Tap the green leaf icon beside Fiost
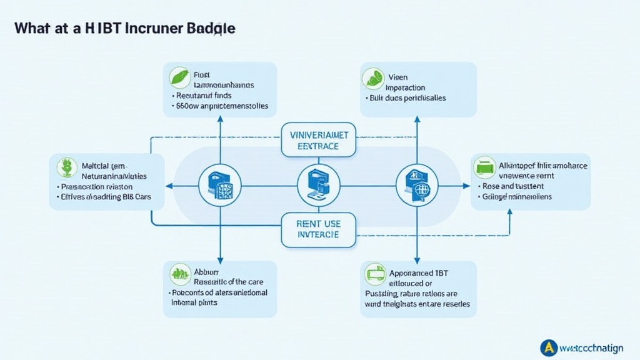pos(179,76)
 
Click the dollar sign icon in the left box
pos(66,167)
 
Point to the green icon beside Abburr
pos(180,272)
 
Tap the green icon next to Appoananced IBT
pos(374,272)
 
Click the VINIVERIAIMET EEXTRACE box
pos(319,139)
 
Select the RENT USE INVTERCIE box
pos(318,228)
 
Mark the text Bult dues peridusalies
pos(407,98)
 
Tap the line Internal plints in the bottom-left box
pos(194,302)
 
